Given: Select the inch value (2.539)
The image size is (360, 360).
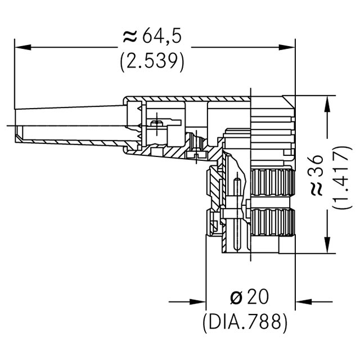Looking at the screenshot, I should tap(152, 61).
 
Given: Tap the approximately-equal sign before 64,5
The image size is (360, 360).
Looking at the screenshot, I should tap(129, 37).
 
